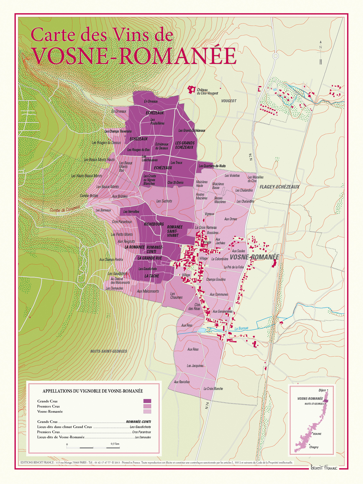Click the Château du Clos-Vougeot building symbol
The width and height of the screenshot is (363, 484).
pos(191,90)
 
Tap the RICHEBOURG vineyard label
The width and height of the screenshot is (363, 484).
pos(154,224)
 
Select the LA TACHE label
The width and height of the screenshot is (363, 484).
pos(152,276)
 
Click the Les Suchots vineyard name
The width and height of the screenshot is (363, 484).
pos(164,201)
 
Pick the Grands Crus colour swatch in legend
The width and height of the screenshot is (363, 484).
pos(147,401)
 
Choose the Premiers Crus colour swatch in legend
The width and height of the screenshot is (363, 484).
pos(147,406)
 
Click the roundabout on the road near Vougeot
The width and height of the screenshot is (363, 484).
pos(276,56)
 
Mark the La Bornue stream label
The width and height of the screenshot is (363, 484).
pos(241,328)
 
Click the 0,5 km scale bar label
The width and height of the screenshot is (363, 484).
pos(115,444)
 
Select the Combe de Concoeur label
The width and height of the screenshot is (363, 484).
pos(65,209)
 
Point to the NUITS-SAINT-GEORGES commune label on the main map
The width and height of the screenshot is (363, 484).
pos(109,351)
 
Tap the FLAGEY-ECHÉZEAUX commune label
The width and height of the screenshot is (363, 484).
pos(279,187)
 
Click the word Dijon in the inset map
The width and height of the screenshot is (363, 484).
pos(322,390)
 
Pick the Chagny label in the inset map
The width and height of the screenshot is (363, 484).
pos(314,447)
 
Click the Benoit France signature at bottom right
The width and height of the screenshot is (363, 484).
pos(324,468)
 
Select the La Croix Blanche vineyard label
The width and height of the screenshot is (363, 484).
pos(213,389)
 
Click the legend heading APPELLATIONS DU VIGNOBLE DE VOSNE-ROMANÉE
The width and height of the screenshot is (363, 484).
pos(93,391)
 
